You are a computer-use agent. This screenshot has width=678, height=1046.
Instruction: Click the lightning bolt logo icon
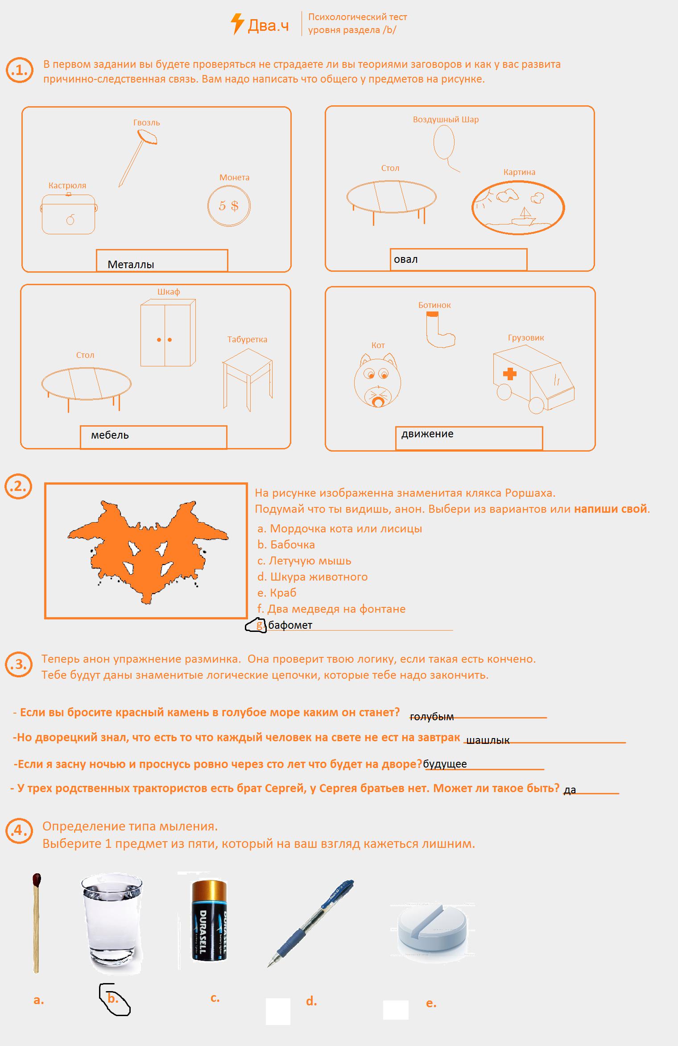[237, 24]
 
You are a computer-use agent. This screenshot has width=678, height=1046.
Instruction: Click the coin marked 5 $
[229, 206]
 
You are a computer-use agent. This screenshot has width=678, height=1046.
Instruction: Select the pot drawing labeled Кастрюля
[69, 215]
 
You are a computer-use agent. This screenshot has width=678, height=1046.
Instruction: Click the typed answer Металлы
[131, 265]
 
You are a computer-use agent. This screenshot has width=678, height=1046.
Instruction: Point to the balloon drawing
[444, 142]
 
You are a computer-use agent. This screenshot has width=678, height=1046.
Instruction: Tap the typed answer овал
[405, 259]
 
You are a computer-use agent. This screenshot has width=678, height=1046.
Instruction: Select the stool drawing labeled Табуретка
[247, 378]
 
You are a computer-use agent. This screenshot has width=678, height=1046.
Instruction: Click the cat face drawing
[378, 381]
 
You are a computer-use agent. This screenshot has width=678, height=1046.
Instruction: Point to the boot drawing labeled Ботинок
[439, 330]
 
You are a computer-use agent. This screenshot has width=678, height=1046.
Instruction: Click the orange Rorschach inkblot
[148, 548]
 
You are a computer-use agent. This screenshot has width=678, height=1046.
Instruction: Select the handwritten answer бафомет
[290, 625]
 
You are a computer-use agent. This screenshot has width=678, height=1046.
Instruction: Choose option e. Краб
[277, 593]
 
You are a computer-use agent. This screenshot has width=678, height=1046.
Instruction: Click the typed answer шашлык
[487, 740]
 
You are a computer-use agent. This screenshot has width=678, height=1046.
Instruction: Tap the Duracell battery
[209, 920]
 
